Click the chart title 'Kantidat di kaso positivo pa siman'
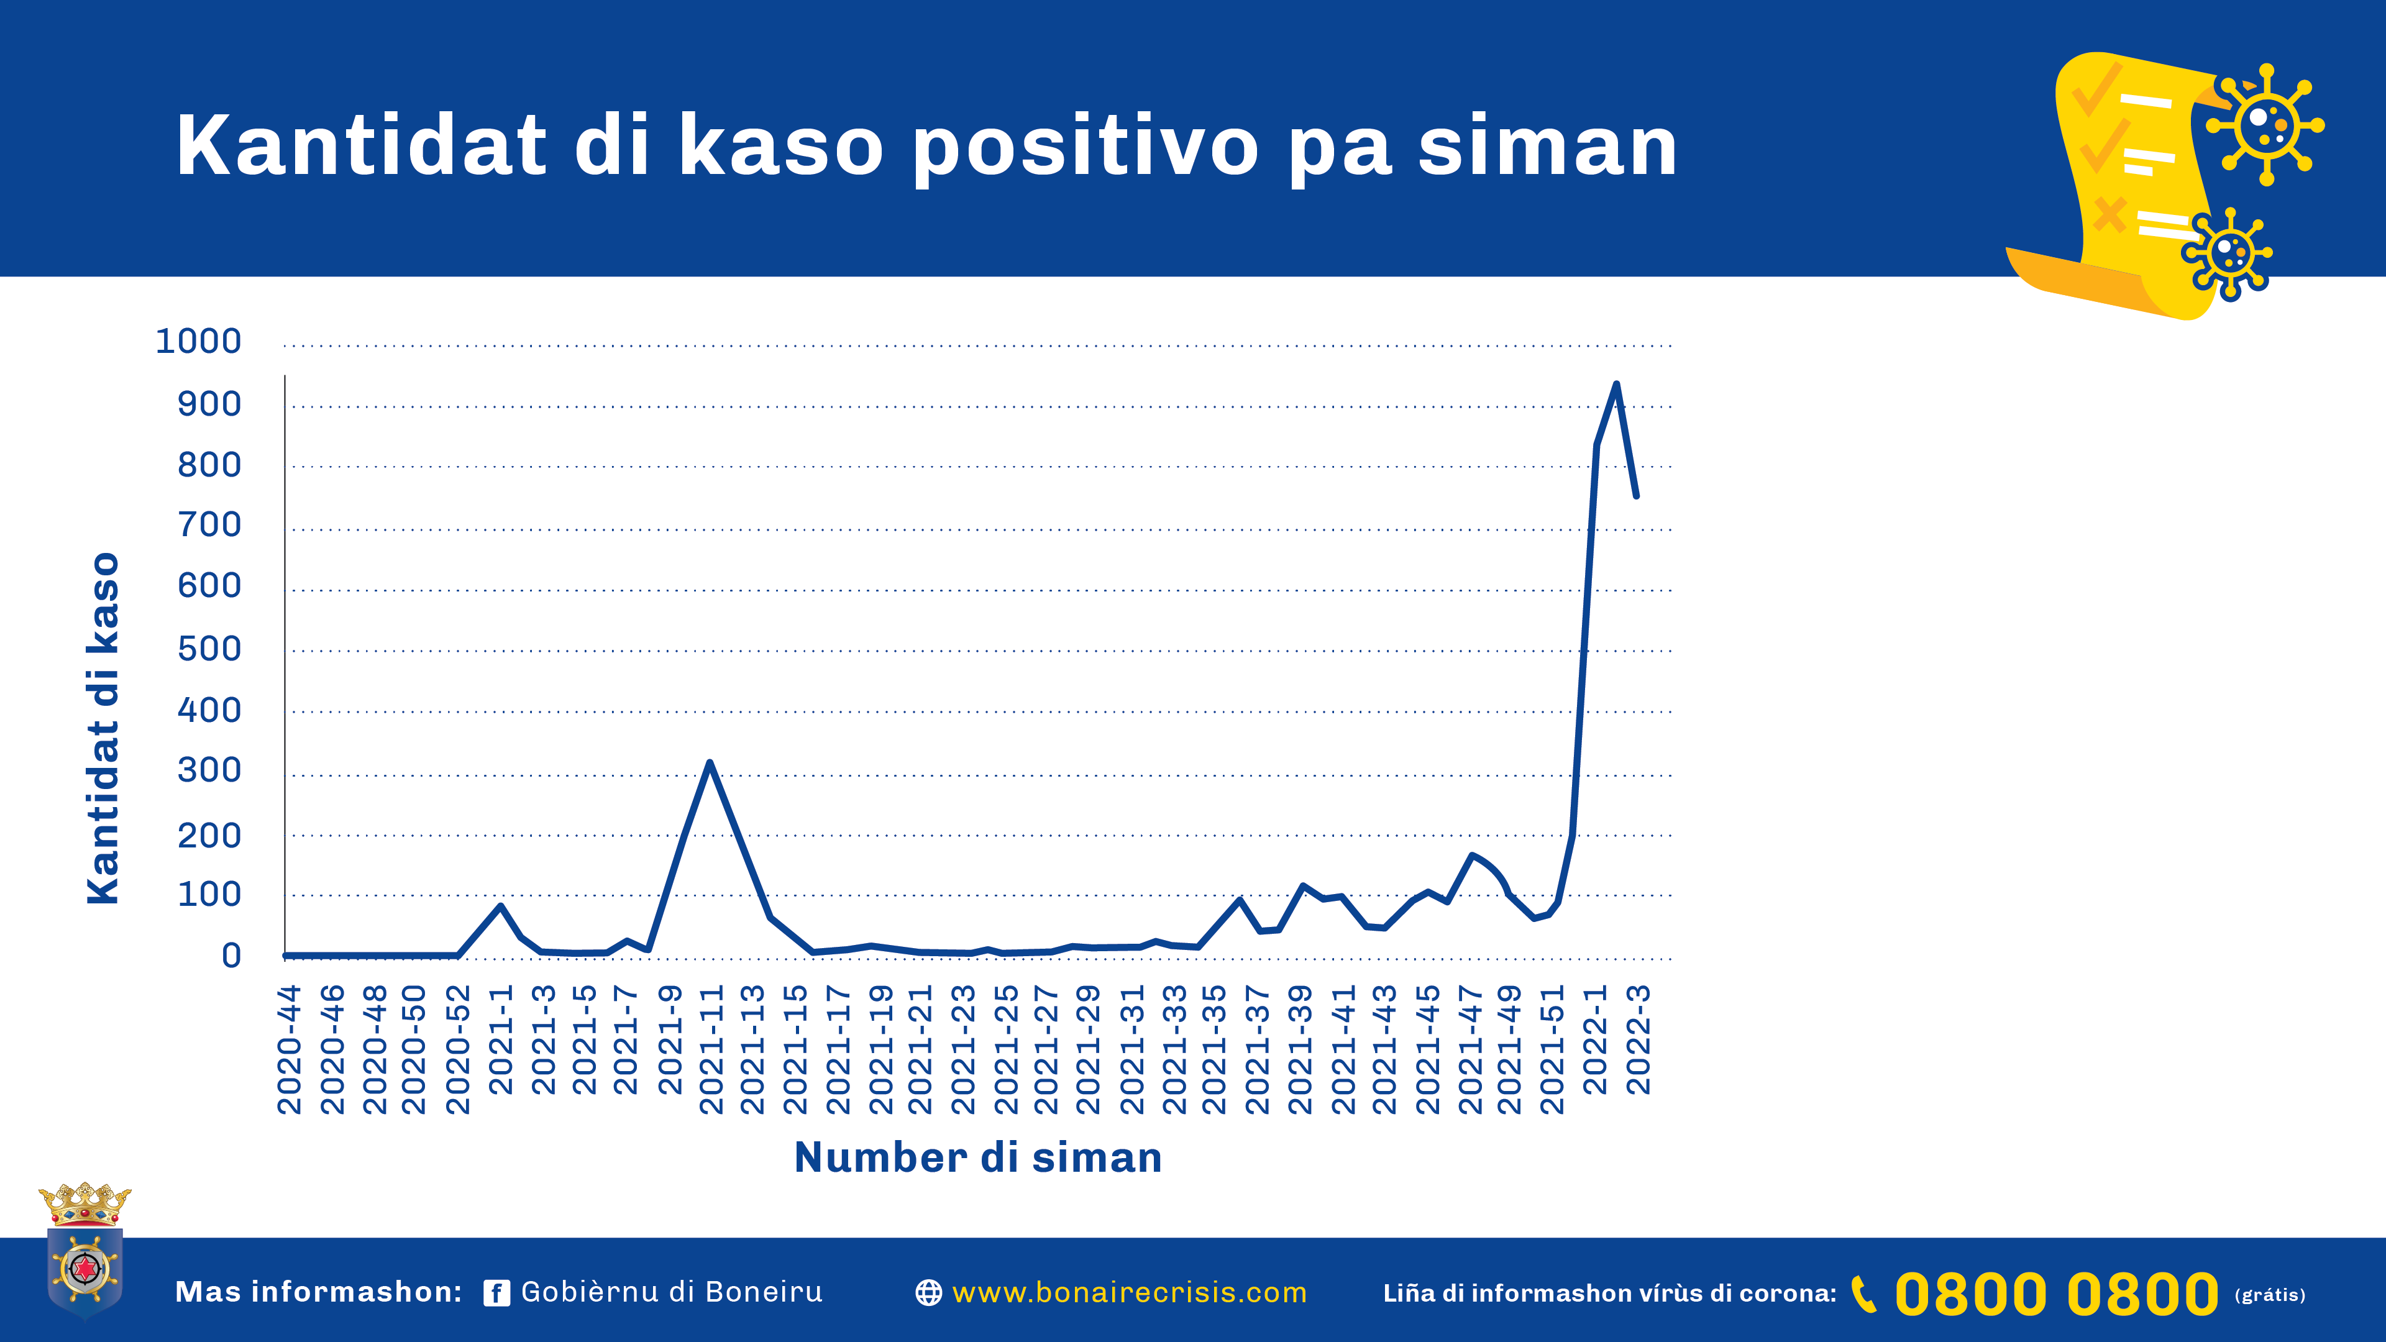[926, 147]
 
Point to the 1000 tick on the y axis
[198, 342]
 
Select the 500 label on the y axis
[209, 649]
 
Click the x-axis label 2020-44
[290, 1049]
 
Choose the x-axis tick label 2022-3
[1639, 1039]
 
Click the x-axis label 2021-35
[1214, 1049]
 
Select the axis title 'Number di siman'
[978, 1157]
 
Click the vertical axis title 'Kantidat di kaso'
[103, 728]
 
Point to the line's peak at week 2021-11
[710, 762]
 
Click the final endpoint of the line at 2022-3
[1637, 496]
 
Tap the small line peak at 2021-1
[501, 906]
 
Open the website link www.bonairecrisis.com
[1129, 1292]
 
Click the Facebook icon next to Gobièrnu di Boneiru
[496, 1293]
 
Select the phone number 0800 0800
[2056, 1294]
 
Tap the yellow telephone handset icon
[1863, 1294]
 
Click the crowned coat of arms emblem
[85, 1250]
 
